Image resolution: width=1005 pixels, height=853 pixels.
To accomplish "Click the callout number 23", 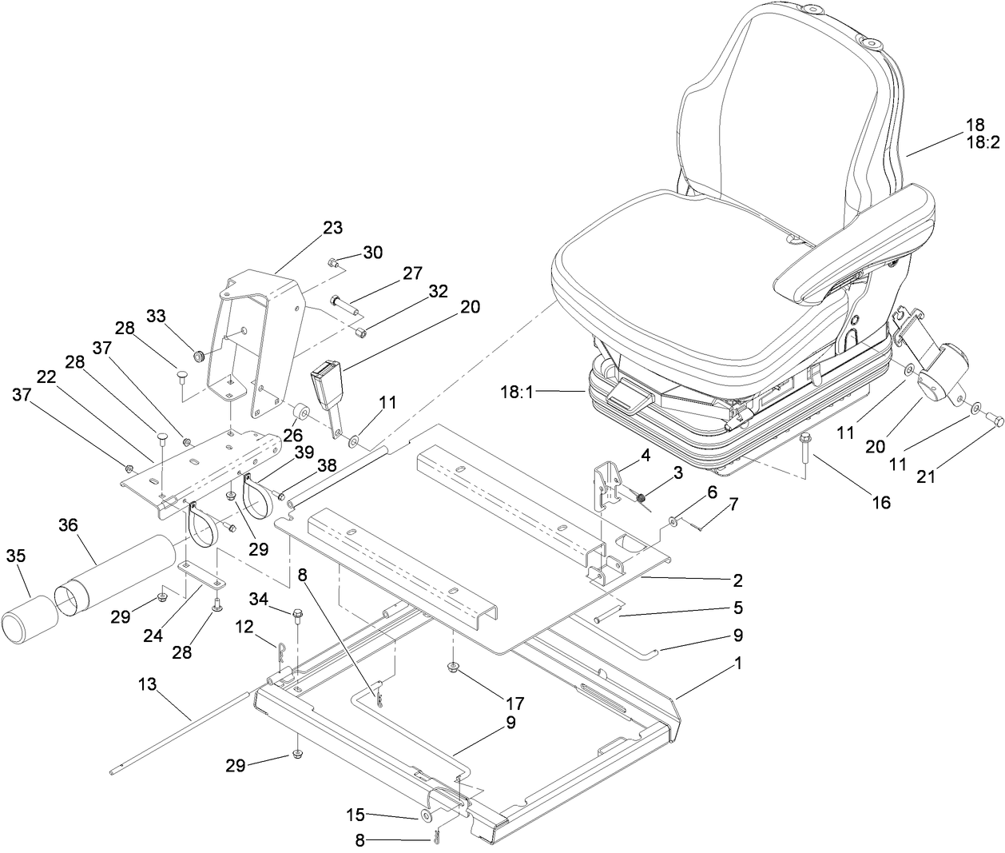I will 332,228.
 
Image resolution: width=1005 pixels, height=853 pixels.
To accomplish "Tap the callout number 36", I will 70,525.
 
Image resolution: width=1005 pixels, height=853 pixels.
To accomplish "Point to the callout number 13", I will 147,684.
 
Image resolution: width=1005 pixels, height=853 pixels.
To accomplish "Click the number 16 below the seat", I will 879,502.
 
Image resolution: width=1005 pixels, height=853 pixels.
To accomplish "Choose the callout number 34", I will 259,599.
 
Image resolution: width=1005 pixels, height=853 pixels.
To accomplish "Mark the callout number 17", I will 514,704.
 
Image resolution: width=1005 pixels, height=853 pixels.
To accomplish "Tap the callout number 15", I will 355,815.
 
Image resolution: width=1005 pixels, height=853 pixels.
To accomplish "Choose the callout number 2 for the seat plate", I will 737,579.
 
